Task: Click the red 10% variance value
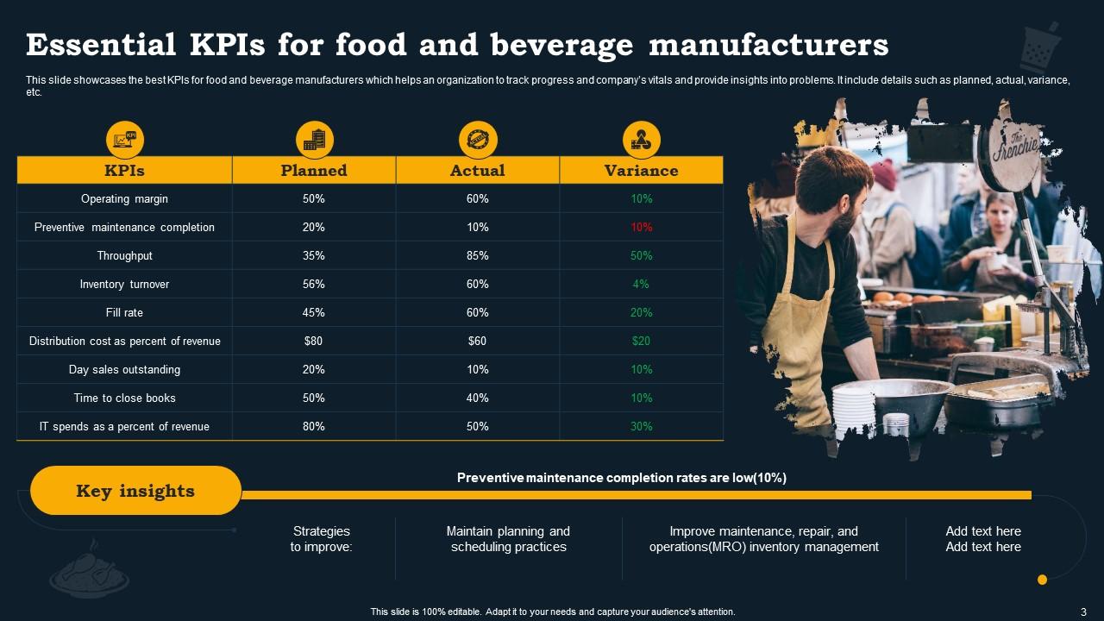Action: tap(641, 227)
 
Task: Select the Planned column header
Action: tap(314, 170)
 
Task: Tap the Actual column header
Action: tap(477, 170)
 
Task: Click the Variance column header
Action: tap(641, 170)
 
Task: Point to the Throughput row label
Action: tap(124, 255)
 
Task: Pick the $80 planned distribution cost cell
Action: tap(313, 341)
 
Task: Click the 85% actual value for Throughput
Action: tap(477, 255)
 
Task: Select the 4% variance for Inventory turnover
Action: tap(641, 284)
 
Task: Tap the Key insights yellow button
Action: tap(135, 491)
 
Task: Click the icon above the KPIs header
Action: tap(125, 139)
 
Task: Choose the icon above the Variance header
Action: tap(641, 139)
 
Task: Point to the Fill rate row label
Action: tap(124, 312)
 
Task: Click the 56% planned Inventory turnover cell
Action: tap(313, 284)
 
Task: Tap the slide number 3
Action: tap(1082, 612)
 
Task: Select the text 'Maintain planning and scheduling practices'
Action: tap(508, 539)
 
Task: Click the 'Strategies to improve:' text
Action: tap(321, 539)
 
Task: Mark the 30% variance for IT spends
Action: tap(641, 426)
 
